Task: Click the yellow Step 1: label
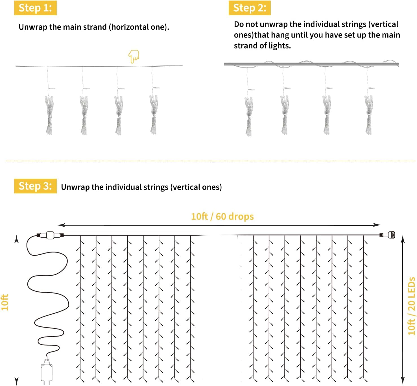35,8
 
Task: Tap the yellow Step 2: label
250,8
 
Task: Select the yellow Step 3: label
35,186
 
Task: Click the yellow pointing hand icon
134,56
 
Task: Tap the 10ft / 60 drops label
222,216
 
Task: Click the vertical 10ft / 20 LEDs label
411,306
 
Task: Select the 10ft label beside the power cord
5,302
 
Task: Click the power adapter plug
46,371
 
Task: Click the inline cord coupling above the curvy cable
50,235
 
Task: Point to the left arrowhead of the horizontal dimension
61,225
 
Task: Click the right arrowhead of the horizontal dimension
377,225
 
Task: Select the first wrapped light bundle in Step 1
49,115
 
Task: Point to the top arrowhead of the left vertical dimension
17,239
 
